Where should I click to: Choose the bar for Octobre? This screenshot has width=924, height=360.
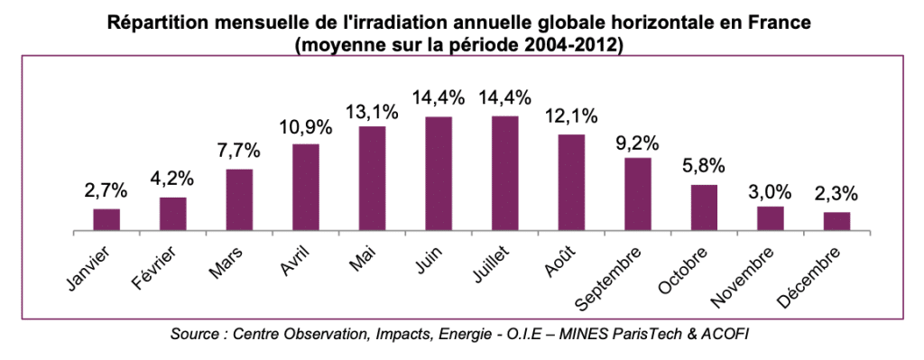tap(704, 208)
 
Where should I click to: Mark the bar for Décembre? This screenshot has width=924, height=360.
tap(836, 223)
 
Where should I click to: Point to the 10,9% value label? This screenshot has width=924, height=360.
tap(306, 128)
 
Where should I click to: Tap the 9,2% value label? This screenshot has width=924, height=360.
tap(638, 143)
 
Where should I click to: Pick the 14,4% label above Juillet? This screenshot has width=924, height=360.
tap(505, 98)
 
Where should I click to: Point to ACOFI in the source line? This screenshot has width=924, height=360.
tap(726, 335)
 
